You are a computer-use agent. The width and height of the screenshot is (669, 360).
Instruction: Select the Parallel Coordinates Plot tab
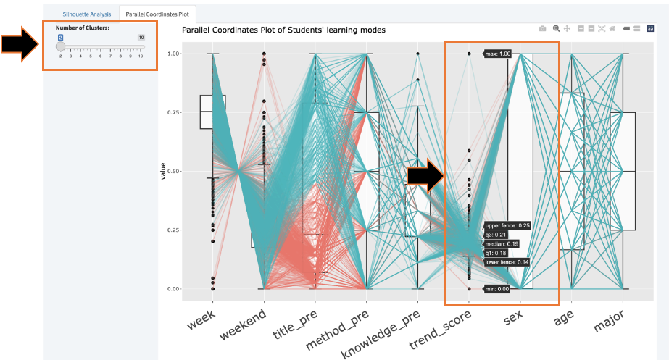tap(157, 14)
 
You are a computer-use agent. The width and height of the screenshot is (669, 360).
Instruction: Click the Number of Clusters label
tap(83, 28)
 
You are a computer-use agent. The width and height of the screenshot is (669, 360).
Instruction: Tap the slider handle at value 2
tap(61, 46)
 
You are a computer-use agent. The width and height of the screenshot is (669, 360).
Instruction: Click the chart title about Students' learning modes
tap(283, 30)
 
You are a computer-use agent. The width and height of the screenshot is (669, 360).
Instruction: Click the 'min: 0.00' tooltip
tap(497, 289)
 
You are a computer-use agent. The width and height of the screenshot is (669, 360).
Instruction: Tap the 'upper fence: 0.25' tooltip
tap(508, 225)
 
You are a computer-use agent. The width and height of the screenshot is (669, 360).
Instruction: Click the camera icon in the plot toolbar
tap(542, 28)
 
